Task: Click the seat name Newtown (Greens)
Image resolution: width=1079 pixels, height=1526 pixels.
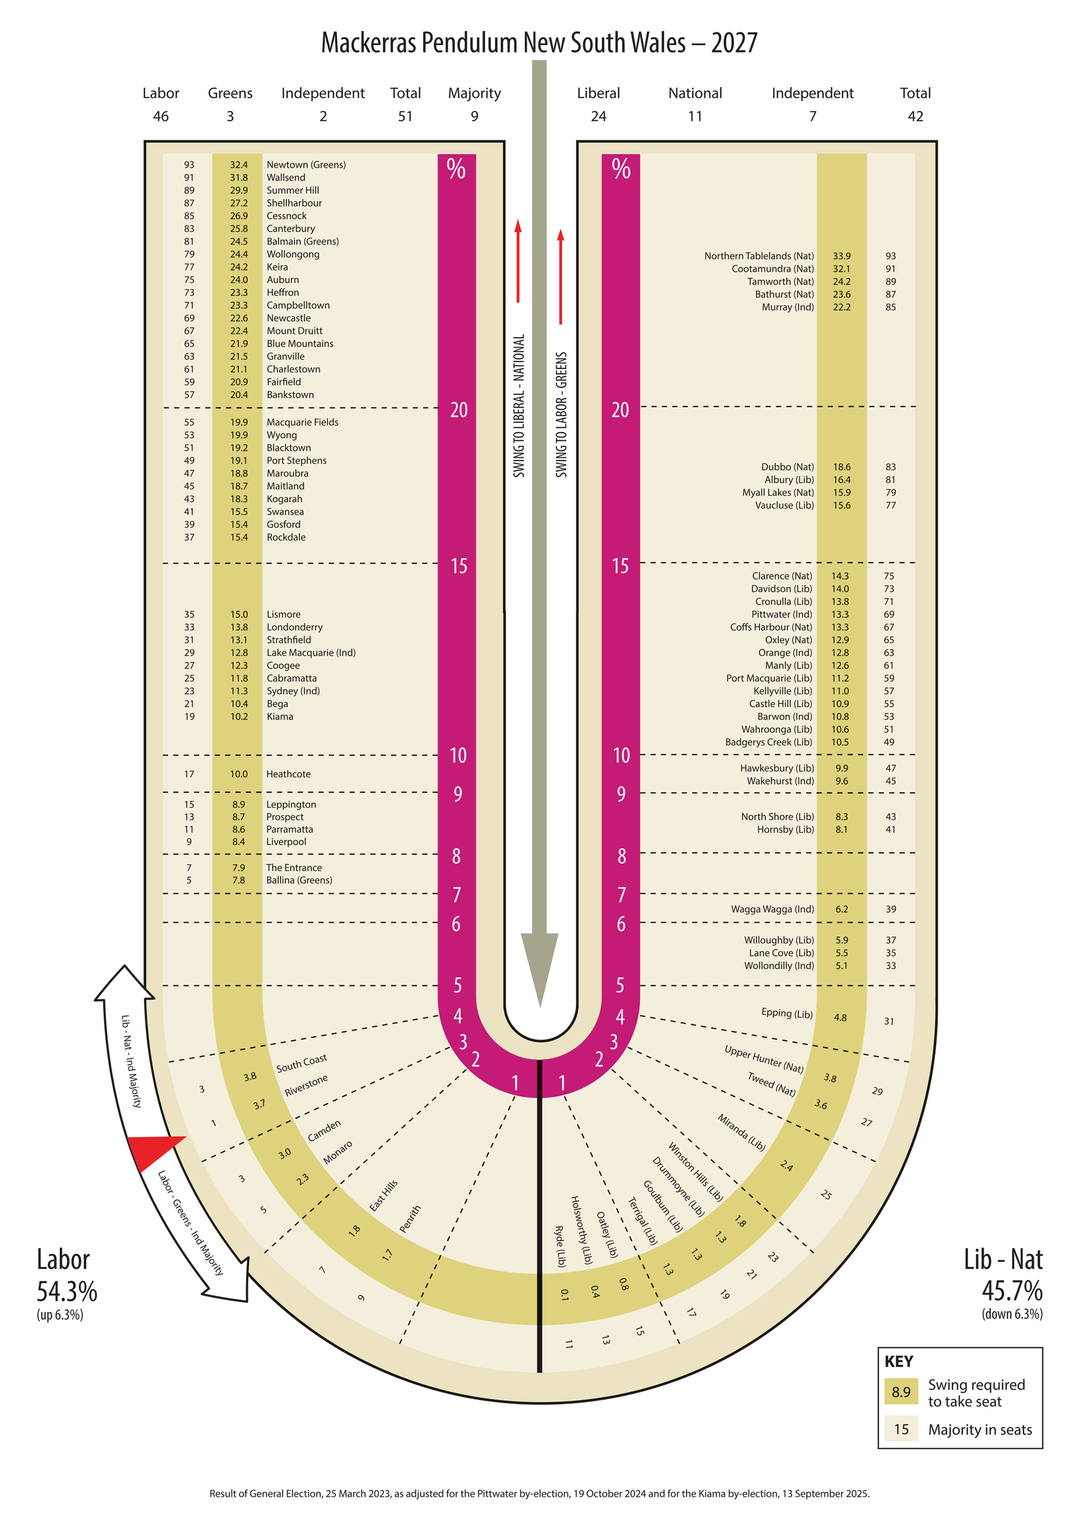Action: point(306,165)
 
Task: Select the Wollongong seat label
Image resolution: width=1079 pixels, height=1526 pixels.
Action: point(293,255)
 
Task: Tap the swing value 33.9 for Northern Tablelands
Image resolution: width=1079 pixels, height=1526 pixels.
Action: point(841,256)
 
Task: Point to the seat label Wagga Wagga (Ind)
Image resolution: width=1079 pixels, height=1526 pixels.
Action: point(772,909)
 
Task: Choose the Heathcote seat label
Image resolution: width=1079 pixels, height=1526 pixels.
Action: point(288,775)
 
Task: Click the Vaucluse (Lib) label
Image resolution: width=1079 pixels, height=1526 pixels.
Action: point(784,505)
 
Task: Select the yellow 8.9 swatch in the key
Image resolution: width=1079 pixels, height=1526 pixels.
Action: point(901,1392)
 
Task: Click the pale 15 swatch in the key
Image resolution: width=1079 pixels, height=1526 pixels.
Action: point(901,1429)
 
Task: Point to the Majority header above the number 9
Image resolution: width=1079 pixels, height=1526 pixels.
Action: point(474,93)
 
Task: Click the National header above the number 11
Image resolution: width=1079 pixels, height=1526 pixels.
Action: point(695,93)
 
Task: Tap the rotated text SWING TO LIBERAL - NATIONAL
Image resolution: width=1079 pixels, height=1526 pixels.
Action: point(519,405)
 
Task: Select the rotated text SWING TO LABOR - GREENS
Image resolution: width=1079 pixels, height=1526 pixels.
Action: point(561,414)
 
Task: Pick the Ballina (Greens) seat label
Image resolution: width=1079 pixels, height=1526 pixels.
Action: point(299,881)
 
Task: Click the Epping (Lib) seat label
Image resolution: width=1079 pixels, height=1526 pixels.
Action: point(787,1013)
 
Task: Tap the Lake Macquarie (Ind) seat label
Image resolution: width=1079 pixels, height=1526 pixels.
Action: point(311,653)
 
